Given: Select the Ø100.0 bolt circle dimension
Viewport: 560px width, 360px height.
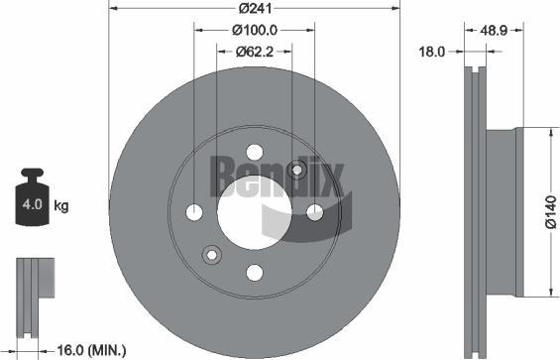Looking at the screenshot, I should pos(255,31).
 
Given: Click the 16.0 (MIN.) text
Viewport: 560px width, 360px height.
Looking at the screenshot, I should pos(92,349).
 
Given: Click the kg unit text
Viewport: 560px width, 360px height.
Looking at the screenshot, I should pos(61,206).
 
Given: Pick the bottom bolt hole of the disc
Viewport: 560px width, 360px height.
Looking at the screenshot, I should pos(254,272).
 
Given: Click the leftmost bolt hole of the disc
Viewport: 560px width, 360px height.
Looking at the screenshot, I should pos(194,212).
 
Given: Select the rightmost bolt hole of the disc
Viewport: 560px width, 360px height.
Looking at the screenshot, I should pos(314,211).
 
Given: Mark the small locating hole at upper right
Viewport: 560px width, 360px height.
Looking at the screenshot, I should pos(295,170).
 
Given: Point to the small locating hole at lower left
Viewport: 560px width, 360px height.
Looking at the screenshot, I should pos(211,255).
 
